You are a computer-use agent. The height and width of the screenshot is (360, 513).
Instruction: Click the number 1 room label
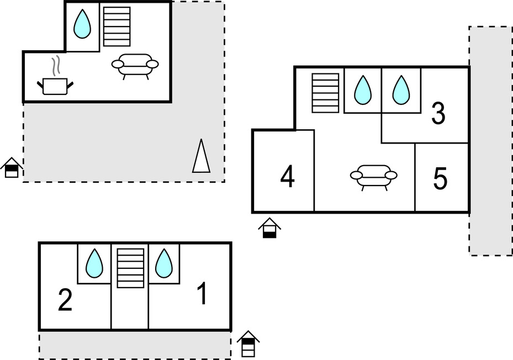(203, 294)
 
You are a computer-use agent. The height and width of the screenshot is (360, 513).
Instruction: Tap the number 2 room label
(65, 301)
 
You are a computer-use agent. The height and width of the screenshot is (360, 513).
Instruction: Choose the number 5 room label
(440, 178)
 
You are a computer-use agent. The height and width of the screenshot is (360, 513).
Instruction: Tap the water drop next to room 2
(94, 263)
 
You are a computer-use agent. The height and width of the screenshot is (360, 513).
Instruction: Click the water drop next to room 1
(164, 263)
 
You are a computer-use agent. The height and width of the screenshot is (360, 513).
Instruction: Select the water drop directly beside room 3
(401, 90)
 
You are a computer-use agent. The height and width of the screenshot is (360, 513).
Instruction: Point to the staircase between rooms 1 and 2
(130, 268)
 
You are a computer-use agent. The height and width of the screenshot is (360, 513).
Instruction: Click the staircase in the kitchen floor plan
(117, 27)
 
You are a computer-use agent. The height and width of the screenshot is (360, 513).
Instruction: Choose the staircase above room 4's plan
(325, 93)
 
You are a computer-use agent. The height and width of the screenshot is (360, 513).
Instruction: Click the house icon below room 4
(269, 228)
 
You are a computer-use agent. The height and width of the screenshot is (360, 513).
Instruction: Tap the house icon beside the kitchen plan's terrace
(12, 168)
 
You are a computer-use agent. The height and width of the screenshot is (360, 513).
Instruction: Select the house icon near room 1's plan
(248, 344)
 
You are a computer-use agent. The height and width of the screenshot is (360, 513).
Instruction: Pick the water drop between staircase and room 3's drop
(362, 90)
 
